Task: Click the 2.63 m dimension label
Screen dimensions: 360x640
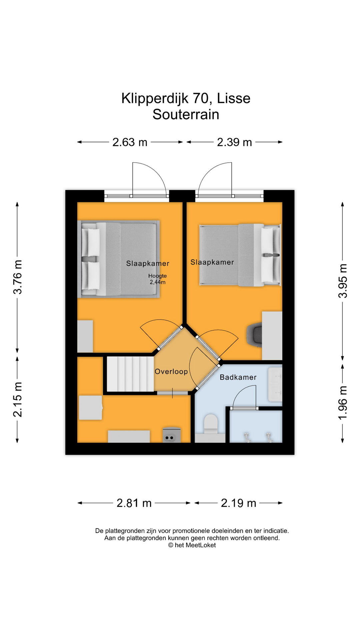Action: click(130, 142)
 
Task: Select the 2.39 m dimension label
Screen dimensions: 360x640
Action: click(234, 142)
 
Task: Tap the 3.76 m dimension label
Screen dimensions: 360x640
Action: click(18, 277)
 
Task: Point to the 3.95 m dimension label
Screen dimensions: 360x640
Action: click(343, 281)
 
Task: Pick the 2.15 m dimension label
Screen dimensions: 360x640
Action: click(18, 400)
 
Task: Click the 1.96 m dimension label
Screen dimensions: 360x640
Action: click(343, 403)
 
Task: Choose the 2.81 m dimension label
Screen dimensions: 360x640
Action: click(134, 503)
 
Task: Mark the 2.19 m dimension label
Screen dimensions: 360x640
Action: click(238, 503)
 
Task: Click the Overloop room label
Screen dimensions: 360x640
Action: click(171, 372)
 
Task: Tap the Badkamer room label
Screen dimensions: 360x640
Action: click(238, 377)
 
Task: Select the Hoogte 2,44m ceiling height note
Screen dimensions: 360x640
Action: click(158, 279)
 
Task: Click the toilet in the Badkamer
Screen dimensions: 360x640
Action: click(210, 424)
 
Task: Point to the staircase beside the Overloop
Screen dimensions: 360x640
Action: click(130, 374)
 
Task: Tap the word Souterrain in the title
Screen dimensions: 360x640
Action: click(186, 115)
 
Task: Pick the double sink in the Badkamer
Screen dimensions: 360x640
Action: click(275, 384)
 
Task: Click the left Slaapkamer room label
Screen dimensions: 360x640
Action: click(148, 264)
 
